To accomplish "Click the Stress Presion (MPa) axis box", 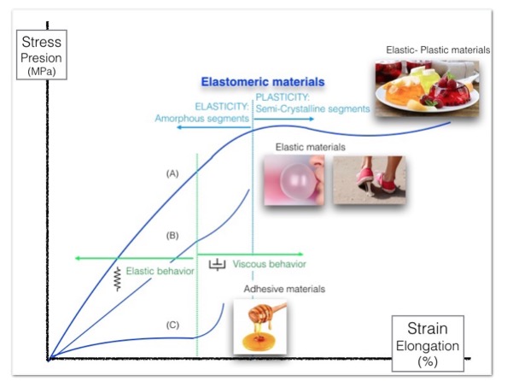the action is click(42, 55).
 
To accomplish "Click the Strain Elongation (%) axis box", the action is click(428, 343).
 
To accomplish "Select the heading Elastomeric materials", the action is click(263, 82).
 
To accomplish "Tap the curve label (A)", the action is click(172, 173).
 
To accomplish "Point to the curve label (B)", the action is click(172, 236).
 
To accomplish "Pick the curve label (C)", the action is click(172, 325).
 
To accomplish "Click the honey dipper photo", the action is click(260, 326).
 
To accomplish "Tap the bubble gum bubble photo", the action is click(294, 180).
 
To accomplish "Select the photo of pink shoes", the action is click(370, 180).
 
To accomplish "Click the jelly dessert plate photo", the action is click(427, 88).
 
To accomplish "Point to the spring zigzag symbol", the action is click(118, 279).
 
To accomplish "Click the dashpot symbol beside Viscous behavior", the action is click(218, 265).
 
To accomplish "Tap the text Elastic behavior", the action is click(160, 271).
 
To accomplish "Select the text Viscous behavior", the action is click(270, 264).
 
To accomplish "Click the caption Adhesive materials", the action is click(284, 289).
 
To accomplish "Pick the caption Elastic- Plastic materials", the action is click(438, 50).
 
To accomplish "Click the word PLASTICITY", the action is click(283, 97).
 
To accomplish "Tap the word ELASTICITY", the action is click(222, 107).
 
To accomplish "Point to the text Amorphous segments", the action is click(201, 119).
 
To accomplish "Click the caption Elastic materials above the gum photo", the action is click(311, 147).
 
